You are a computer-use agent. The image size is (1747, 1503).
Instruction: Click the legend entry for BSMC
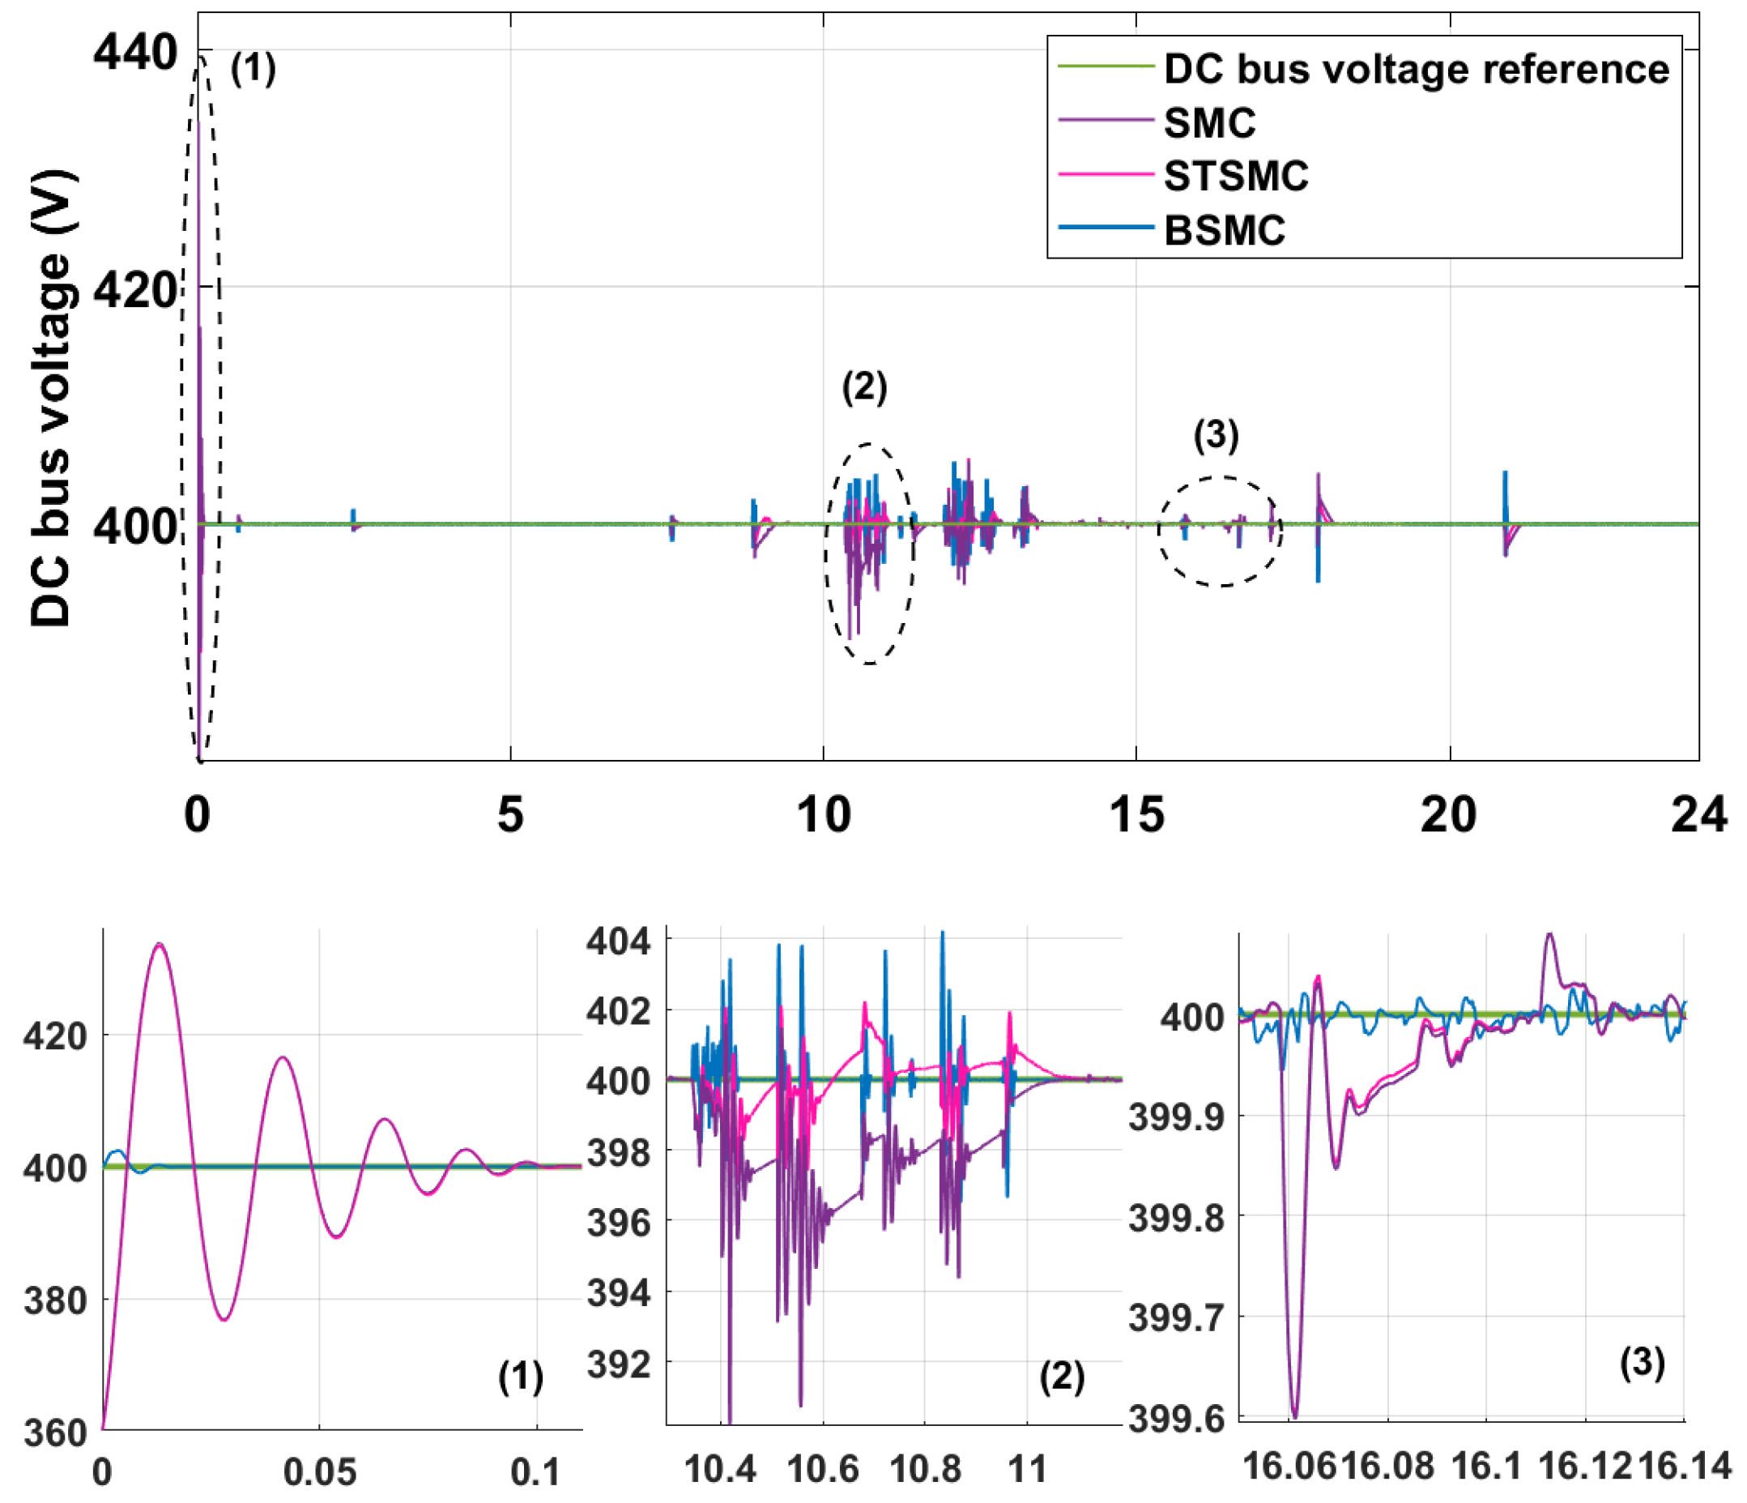coord(1224,230)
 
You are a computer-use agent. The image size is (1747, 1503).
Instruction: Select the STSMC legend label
coord(1235,177)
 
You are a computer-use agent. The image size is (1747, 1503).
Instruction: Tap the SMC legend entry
coord(1209,123)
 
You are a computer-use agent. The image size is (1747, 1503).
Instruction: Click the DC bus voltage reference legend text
coord(1416,69)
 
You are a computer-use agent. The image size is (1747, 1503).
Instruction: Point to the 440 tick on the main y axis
coord(135,53)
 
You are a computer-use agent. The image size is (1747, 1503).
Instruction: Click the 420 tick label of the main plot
coord(135,290)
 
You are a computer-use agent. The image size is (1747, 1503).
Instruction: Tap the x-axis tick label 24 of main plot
coord(1698,815)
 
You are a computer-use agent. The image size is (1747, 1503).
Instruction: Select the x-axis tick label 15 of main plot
coord(1136,815)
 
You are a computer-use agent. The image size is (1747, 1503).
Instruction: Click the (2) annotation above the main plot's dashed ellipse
coord(864,387)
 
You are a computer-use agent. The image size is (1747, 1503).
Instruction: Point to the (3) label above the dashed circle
coord(1216,435)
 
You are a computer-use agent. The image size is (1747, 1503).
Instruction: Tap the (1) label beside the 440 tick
coord(253,67)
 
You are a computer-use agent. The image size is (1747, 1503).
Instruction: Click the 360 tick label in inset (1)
coord(56,1433)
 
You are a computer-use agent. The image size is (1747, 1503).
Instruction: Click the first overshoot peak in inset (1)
coord(159,945)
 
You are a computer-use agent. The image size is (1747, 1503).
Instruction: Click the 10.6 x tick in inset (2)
coord(822,1468)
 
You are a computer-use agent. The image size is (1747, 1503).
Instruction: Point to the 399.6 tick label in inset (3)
coord(1178,1420)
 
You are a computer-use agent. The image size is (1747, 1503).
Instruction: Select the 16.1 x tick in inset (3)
coord(1485,1466)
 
